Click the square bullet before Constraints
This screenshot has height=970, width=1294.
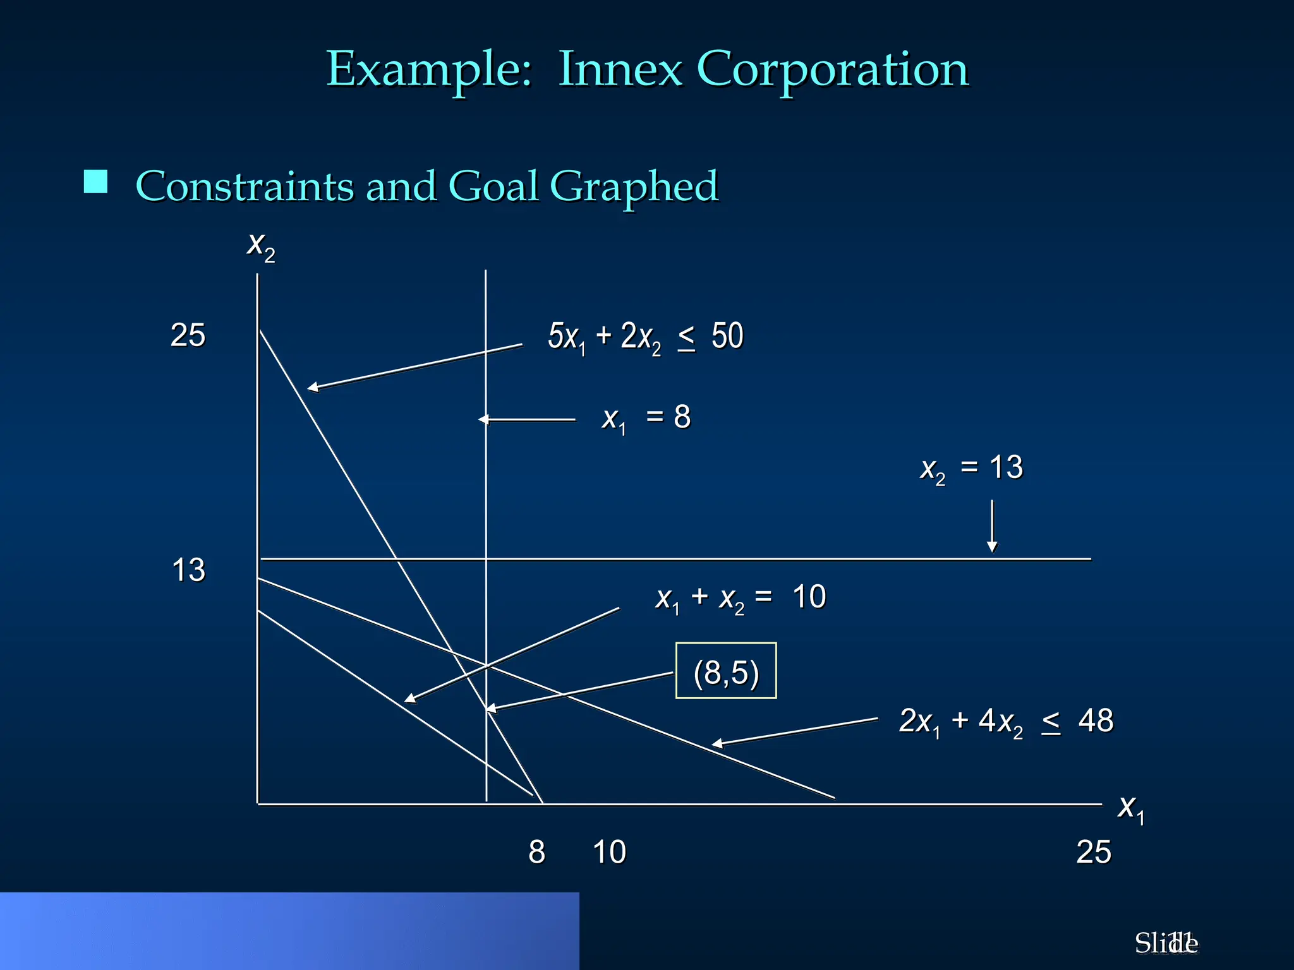[x=95, y=182]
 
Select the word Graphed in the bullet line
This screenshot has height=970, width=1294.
[x=634, y=187]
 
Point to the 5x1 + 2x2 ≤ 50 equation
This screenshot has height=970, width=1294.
[x=645, y=337]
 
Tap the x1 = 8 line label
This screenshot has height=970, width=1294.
[x=646, y=418]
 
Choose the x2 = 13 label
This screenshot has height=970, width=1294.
[x=971, y=469]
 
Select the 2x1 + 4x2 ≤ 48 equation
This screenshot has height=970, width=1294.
[x=1005, y=721]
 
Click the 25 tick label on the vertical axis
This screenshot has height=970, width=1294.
[x=188, y=335]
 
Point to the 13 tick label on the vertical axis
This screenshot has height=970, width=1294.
[x=188, y=570]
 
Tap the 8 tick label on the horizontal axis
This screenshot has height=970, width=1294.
[x=536, y=852]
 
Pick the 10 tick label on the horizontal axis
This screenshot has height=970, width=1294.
[x=609, y=852]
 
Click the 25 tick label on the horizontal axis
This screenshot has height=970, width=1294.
[x=1093, y=852]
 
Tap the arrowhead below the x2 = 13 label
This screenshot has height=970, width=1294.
[x=992, y=547]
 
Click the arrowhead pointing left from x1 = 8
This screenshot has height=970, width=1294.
[x=483, y=419]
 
